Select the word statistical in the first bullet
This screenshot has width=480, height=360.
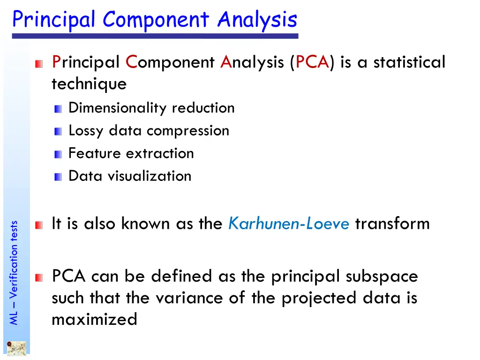tap(409, 62)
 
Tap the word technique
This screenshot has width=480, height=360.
tap(89, 84)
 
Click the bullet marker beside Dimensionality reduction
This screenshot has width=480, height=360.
tap(58, 109)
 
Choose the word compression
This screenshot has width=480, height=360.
tap(188, 131)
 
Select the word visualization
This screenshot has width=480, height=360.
tap(150, 176)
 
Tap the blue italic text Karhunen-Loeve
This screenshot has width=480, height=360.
tap(289, 224)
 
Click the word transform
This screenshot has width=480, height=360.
tap(392, 224)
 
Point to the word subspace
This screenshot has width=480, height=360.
tap(382, 277)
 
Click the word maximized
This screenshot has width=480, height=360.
tap(94, 320)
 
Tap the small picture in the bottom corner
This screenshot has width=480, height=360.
tap(16, 349)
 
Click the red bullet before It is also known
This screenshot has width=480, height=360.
tap(39, 226)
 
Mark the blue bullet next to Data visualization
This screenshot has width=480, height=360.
tap(58, 177)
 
